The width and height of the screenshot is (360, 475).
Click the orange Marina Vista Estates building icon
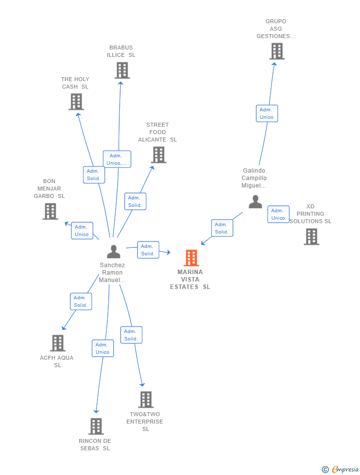191,258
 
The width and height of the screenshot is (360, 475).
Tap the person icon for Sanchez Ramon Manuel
114,252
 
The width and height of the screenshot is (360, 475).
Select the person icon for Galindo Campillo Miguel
255,202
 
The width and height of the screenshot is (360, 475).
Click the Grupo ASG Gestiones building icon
277,51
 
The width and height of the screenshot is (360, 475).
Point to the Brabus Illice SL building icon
122,70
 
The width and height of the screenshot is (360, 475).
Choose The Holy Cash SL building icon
76,102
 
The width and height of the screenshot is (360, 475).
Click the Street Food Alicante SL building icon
159,155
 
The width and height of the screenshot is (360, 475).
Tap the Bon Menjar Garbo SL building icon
50,211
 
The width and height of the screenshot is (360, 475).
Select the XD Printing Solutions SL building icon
312,237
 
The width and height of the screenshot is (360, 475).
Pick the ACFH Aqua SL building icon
58,343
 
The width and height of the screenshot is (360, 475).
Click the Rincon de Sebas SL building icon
96,426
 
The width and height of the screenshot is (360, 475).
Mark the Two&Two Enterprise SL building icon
146,399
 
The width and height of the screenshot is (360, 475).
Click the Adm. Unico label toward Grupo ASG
267,113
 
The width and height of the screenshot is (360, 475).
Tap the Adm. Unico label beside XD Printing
278,214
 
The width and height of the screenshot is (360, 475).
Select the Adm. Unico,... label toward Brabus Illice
117,159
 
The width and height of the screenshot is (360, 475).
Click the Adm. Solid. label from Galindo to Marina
222,228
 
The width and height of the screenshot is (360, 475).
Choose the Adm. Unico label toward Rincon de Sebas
103,348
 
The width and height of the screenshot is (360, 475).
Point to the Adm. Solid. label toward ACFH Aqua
81,301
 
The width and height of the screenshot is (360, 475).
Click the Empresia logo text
345,469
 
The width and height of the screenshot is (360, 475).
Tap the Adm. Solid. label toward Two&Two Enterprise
131,335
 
